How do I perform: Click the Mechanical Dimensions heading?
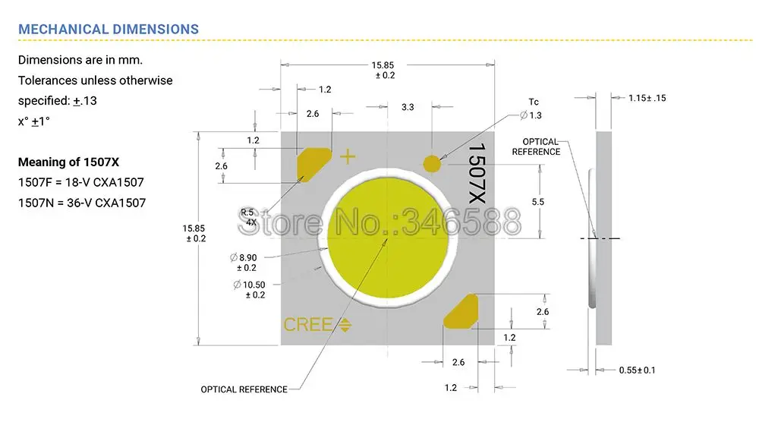[109, 30]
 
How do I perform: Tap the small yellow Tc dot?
[431, 163]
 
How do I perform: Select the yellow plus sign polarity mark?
[347, 157]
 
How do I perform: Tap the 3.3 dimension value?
[408, 108]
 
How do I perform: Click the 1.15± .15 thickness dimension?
[647, 98]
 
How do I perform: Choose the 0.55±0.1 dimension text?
[637, 370]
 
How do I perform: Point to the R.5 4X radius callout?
[247, 217]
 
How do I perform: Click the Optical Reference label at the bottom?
[244, 389]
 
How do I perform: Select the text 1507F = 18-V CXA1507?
[81, 182]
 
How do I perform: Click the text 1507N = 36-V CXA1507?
[82, 203]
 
